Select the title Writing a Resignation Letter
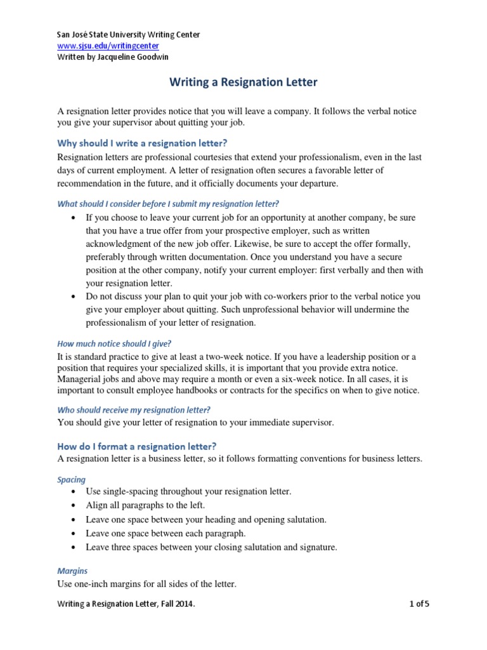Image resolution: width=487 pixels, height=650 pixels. point(243,83)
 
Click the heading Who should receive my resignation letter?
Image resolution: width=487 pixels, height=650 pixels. point(134,409)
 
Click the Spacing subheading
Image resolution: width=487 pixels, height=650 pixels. point(72,479)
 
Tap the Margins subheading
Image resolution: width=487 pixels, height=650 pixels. point(73,571)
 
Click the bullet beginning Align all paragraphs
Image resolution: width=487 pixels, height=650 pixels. point(145,505)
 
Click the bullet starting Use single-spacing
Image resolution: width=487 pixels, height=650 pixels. point(188,491)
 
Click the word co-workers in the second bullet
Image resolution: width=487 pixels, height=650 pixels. point(283,296)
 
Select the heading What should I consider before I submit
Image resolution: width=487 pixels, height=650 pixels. point(168,204)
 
